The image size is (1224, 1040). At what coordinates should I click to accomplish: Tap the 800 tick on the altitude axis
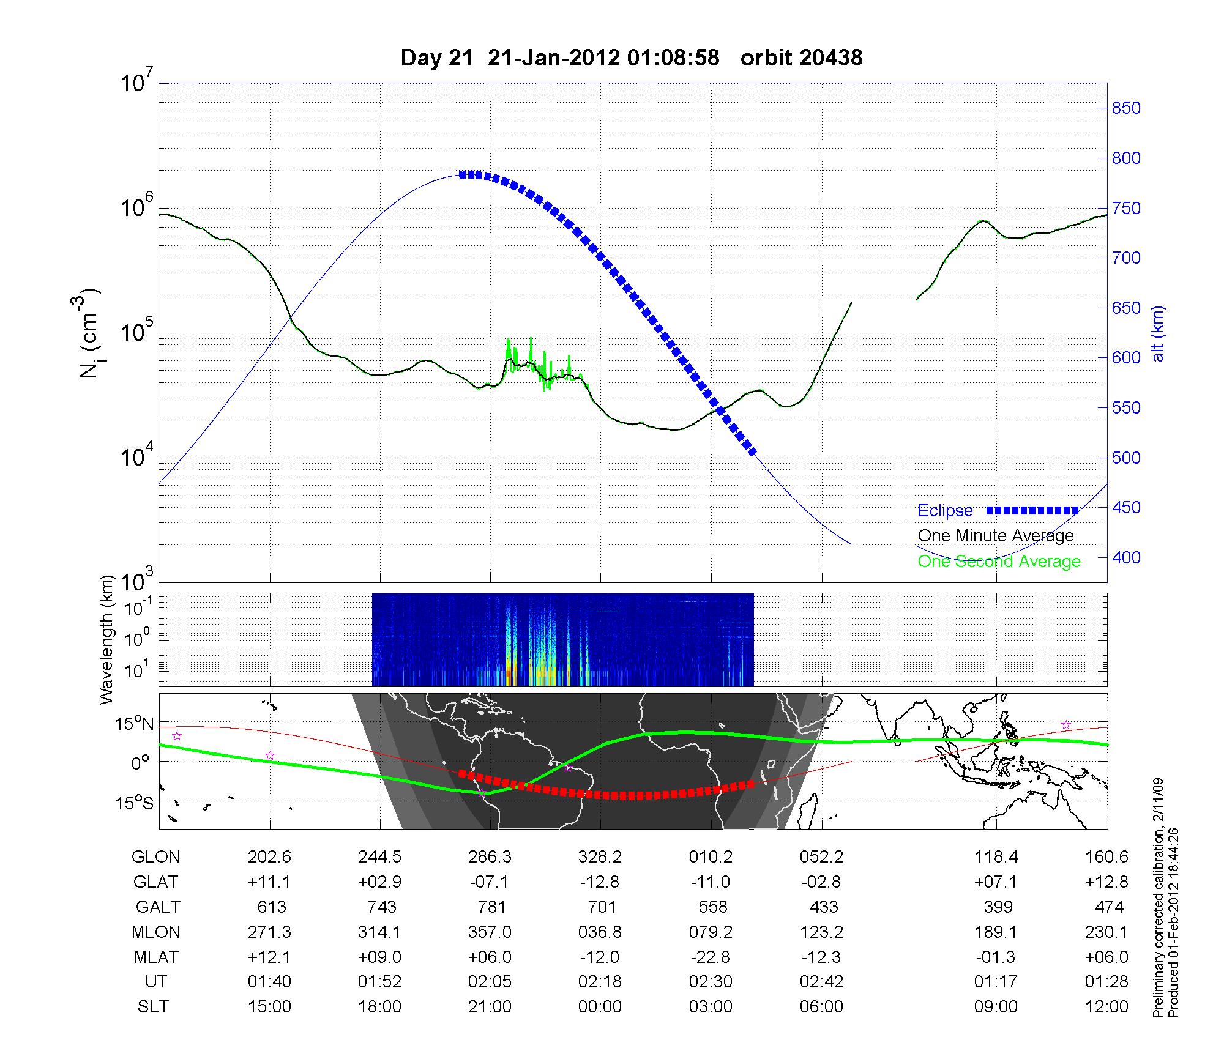click(1126, 158)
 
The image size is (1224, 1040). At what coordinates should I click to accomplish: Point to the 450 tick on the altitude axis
click(1126, 508)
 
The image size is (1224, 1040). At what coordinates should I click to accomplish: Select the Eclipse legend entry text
click(945, 511)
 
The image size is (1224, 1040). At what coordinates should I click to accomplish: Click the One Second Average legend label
click(999, 562)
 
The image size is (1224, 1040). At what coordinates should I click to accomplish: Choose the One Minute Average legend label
click(996, 536)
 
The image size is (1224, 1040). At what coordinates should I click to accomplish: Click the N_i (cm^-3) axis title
click(90, 334)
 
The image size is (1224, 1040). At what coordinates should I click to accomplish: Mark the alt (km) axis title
click(1158, 333)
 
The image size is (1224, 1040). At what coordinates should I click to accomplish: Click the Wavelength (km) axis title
click(107, 639)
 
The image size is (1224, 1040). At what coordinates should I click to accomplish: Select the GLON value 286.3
click(490, 857)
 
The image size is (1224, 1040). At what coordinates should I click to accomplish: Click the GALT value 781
click(491, 907)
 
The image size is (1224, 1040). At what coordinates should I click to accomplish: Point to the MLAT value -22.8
click(711, 957)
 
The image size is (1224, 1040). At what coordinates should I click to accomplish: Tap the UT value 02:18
click(600, 982)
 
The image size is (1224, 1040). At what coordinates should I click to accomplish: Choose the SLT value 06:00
click(821, 1007)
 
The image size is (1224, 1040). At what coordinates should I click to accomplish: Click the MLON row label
click(155, 932)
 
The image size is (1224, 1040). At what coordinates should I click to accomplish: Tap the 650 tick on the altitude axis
click(1126, 308)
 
